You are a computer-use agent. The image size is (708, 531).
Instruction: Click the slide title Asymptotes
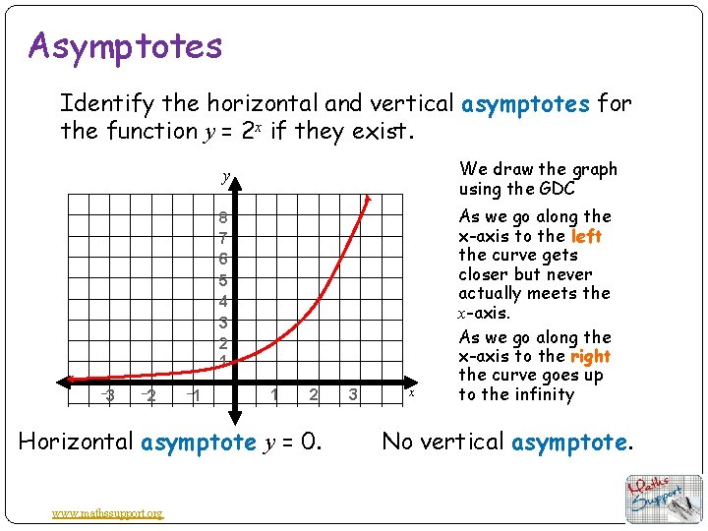[x=126, y=45]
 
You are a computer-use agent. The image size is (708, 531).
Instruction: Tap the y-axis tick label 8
[x=224, y=218]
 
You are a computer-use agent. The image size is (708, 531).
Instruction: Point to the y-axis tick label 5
[x=224, y=280]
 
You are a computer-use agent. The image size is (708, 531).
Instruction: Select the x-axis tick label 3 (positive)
[x=352, y=395]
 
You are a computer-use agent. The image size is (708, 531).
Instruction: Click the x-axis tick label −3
[x=110, y=395]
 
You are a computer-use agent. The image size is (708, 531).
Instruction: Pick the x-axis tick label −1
[x=195, y=395]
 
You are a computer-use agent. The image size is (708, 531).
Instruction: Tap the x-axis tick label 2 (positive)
[x=313, y=395]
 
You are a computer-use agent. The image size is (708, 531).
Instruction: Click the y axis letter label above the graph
[x=226, y=177]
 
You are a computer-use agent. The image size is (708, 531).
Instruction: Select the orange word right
[x=590, y=356]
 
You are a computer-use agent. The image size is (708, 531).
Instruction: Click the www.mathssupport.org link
[x=108, y=512]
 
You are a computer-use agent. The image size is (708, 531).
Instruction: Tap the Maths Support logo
[x=665, y=498]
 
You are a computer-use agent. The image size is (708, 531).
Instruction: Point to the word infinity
[x=542, y=394]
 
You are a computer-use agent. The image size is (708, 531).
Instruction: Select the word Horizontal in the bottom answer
[x=77, y=442]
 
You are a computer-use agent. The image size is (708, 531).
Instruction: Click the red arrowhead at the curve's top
[x=369, y=200]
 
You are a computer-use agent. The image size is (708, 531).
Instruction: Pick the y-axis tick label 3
[x=224, y=323]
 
